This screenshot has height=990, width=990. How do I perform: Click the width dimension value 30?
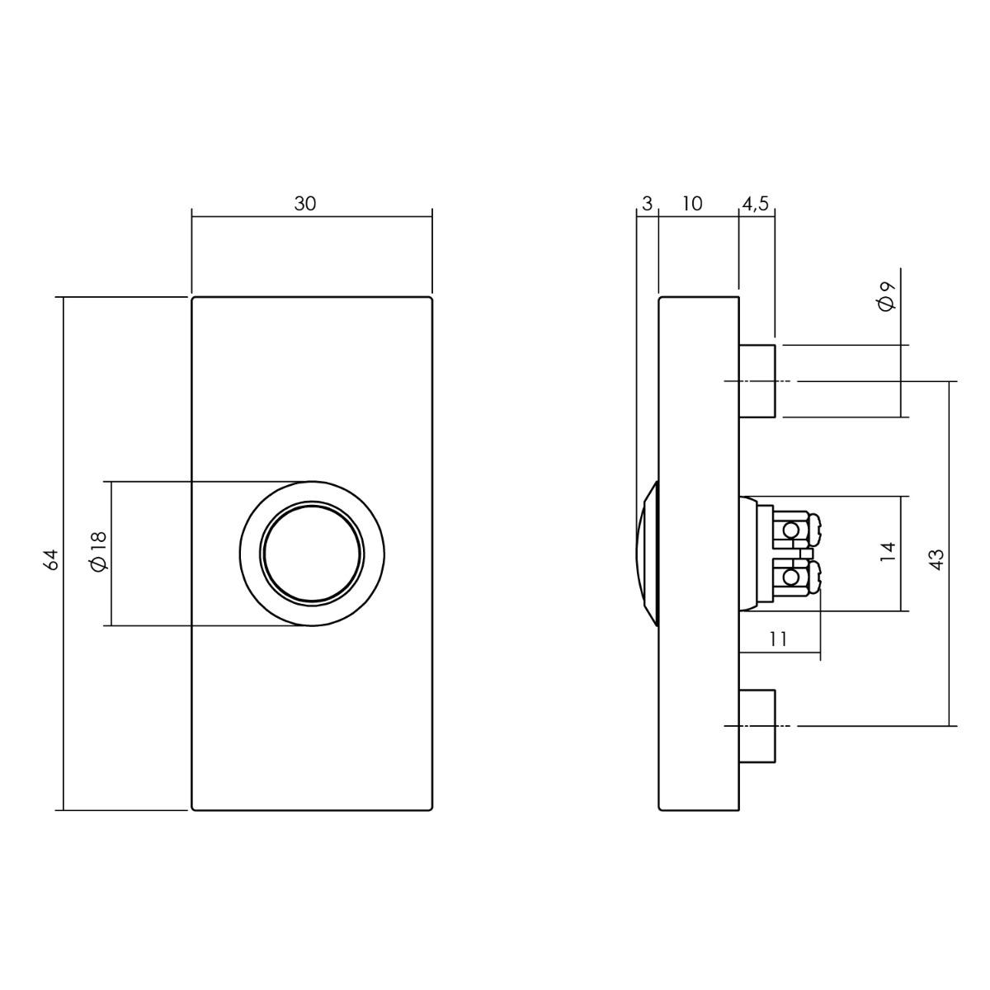(x=304, y=204)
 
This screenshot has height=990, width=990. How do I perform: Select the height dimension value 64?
(x=51, y=559)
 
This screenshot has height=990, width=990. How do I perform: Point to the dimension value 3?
(x=648, y=204)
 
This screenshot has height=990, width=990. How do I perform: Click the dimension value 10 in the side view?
(x=692, y=204)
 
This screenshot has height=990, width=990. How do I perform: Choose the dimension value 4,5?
(x=755, y=205)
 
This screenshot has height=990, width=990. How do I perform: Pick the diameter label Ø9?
(x=887, y=296)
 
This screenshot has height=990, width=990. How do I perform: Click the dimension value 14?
(x=888, y=552)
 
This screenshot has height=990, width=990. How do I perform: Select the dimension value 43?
(x=936, y=559)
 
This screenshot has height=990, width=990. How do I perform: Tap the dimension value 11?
(x=779, y=639)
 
